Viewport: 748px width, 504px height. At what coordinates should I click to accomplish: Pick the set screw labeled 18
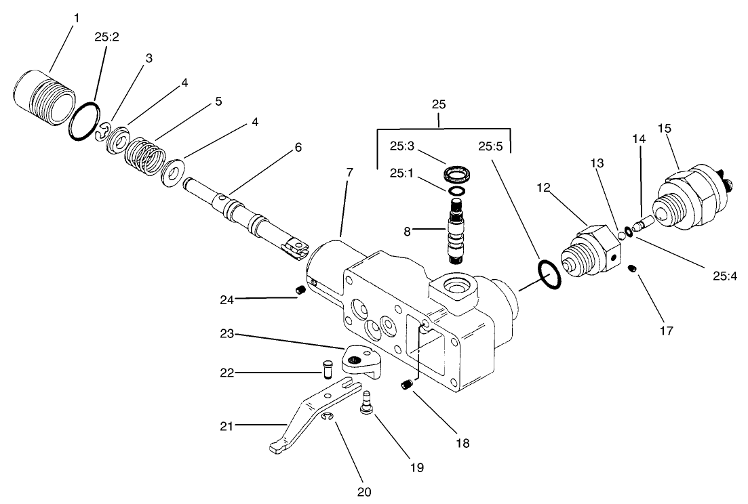pyautogui.click(x=407, y=385)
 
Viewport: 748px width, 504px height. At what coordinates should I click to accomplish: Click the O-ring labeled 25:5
pyautogui.click(x=549, y=275)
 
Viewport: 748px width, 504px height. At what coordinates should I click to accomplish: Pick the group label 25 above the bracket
pyautogui.click(x=439, y=105)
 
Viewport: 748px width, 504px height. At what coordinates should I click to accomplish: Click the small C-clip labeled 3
pyautogui.click(x=102, y=133)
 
